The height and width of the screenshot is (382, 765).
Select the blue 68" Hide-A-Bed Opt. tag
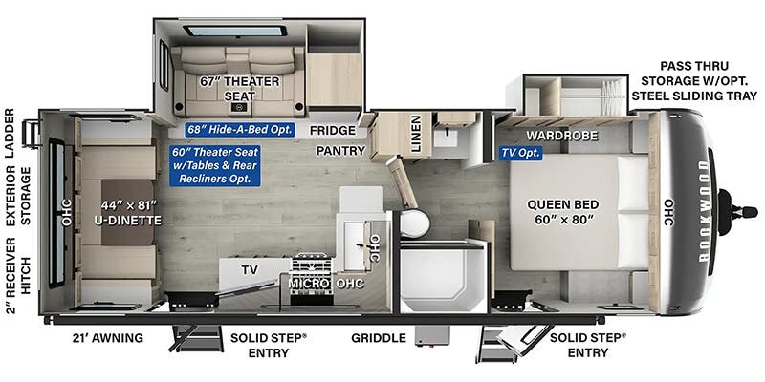(x=240, y=130)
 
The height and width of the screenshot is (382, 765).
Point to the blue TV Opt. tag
(x=521, y=153)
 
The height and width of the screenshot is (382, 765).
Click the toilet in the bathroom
(x=414, y=223)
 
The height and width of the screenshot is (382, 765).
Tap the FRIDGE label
(x=332, y=130)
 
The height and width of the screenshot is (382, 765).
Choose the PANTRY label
(x=340, y=151)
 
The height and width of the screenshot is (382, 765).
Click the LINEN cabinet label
(x=415, y=134)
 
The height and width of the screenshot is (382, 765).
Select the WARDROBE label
(x=562, y=136)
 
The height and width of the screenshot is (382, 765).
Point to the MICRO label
(x=306, y=283)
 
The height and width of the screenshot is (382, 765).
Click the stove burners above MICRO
(x=312, y=265)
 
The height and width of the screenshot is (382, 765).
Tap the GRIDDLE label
(x=379, y=338)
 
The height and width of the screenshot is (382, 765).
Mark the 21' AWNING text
(x=106, y=338)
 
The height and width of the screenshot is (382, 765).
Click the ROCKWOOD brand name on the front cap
(x=703, y=211)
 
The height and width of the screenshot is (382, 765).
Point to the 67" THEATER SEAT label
(x=240, y=88)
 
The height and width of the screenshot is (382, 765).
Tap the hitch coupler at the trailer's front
(x=737, y=212)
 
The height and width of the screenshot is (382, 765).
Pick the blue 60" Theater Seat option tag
(x=214, y=165)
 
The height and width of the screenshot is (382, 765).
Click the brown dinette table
(x=127, y=212)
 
